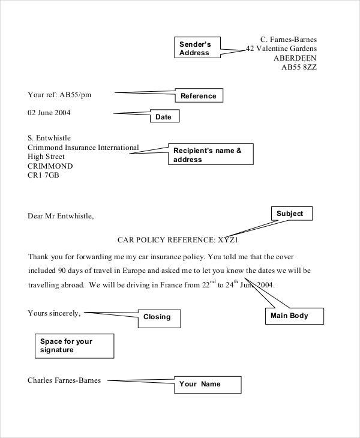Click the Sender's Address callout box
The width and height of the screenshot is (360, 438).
point(197,47)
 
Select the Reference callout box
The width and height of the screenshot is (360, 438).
point(199,95)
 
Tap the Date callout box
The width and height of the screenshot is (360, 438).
point(164,116)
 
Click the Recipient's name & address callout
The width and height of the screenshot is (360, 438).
point(211,154)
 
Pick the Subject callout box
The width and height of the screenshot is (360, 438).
point(292,214)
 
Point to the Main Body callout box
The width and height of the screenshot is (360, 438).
point(295,316)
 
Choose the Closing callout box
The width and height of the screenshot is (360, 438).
point(159,319)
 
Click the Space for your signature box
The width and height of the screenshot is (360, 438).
point(74,346)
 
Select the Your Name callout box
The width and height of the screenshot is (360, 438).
point(208,385)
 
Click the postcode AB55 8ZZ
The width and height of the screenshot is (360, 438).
point(299,67)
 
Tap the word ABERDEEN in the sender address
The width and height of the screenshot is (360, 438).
point(295,58)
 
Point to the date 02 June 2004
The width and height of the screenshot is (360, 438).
point(49,113)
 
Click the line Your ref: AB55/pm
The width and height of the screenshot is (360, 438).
point(59,95)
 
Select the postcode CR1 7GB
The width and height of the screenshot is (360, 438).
point(43,175)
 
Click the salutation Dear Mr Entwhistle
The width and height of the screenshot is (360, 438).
point(61,216)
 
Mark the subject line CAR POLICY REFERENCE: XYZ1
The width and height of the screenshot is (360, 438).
point(178,240)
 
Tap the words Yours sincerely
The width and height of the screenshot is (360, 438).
point(54,313)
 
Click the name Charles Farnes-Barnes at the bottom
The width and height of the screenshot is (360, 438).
point(64,380)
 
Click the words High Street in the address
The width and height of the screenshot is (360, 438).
point(46,157)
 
